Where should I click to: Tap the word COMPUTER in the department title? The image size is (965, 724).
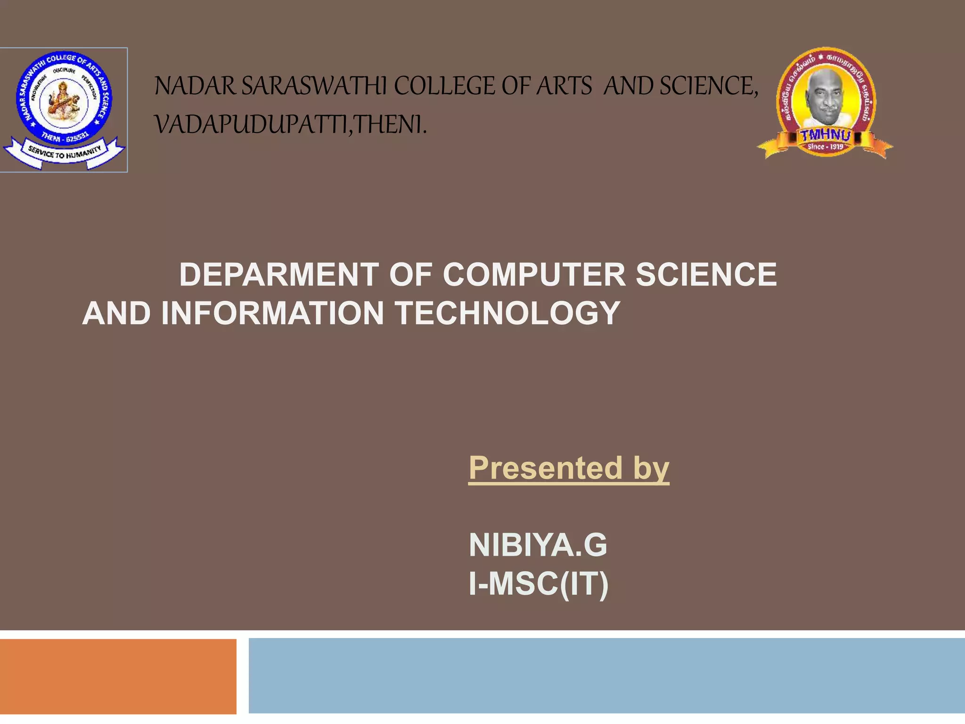(x=534, y=274)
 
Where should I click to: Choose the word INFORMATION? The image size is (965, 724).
(x=273, y=313)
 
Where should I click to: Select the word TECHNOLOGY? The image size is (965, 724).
(x=507, y=313)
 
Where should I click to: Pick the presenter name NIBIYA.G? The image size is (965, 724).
(x=538, y=545)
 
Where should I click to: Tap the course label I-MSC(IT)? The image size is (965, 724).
(x=539, y=584)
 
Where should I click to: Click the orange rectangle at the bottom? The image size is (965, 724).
(x=118, y=676)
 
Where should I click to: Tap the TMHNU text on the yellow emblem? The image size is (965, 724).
(x=826, y=135)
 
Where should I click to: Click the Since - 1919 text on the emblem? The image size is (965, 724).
(x=826, y=147)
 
